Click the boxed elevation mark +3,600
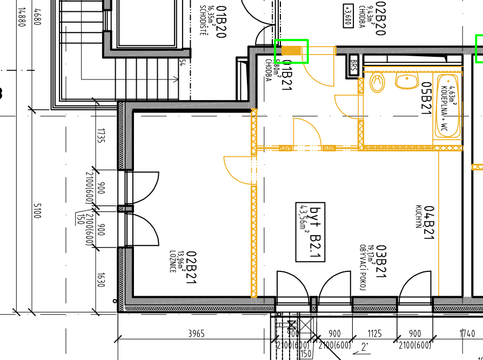[x=348, y=16]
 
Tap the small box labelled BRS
[x=354, y=65]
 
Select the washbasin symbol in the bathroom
[x=406, y=82]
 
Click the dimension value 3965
[x=196, y=334]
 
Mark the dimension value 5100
[x=37, y=211]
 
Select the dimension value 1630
[x=100, y=280]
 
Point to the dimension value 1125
[x=374, y=334]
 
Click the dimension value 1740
[x=467, y=334]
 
